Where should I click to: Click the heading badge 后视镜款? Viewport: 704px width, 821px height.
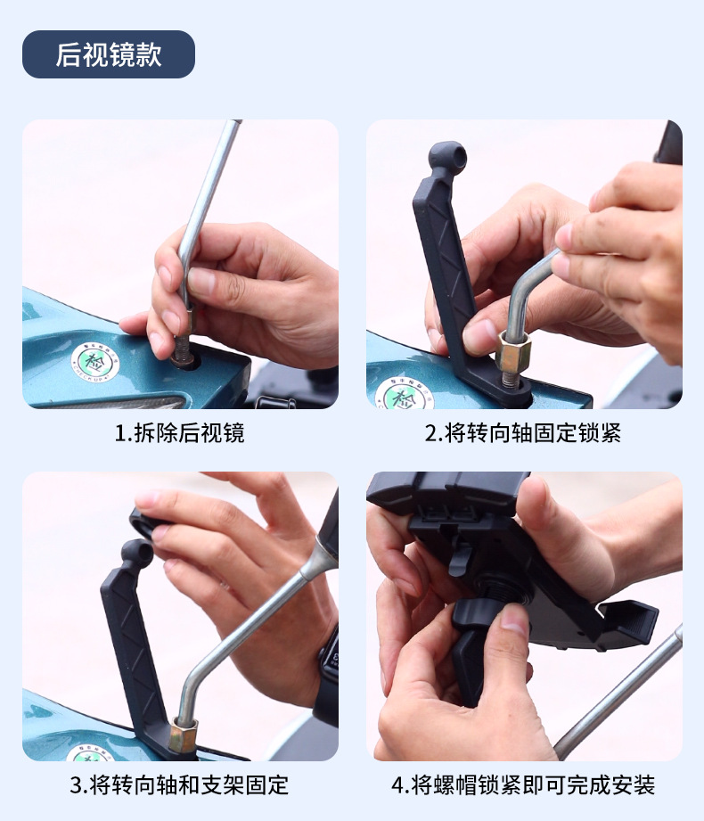[108, 54]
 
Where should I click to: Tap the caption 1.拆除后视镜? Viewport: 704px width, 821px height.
[179, 433]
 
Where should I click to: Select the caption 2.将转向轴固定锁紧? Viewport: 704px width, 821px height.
[523, 433]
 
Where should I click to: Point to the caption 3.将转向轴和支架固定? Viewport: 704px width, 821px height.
[179, 785]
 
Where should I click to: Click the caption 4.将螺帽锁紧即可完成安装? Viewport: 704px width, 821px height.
[523, 785]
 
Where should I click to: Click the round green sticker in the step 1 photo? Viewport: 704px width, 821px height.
[91, 362]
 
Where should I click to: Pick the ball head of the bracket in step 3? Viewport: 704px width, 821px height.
[136, 553]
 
